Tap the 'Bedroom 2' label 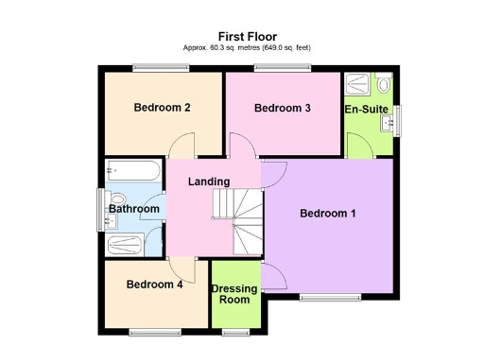pyautogui.click(x=163, y=108)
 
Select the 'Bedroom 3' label pyautogui.click(x=283, y=108)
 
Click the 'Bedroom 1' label pyautogui.click(x=327, y=214)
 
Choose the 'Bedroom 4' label pyautogui.click(x=155, y=285)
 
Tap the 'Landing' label pyautogui.click(x=210, y=181)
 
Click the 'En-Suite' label pyautogui.click(x=365, y=110)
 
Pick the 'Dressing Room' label pyautogui.click(x=233, y=294)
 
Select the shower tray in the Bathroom pyautogui.click(x=127, y=245)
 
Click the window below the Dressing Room pyautogui.click(x=233, y=332)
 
